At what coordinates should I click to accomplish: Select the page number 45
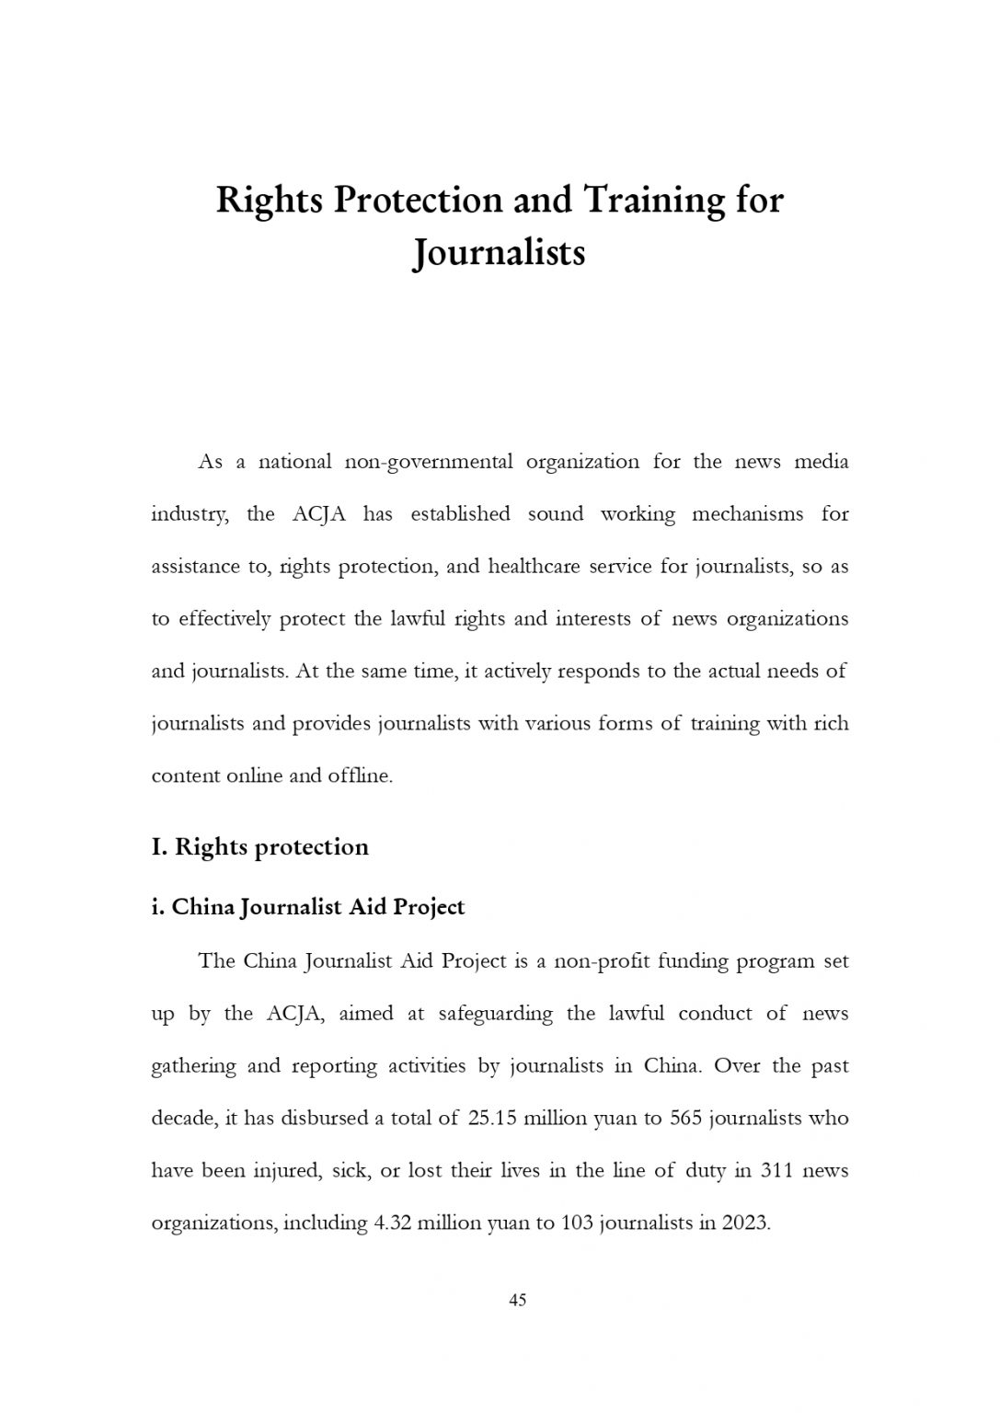517,1300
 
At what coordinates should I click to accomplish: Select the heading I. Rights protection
259,846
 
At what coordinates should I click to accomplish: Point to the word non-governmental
428,462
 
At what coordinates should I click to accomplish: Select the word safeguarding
496,1014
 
